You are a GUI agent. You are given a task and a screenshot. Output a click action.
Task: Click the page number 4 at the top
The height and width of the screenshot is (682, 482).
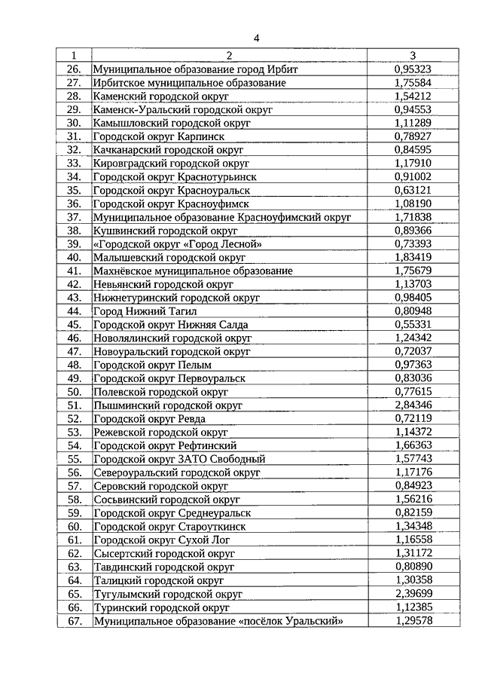(256, 38)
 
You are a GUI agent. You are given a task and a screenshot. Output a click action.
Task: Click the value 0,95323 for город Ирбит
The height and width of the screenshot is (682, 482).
(413, 69)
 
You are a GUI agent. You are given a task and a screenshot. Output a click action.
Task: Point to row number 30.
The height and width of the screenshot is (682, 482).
(74, 123)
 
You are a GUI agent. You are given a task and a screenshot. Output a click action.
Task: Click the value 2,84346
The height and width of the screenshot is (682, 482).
(413, 405)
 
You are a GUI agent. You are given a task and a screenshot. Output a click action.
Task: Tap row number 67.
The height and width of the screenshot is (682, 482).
(74, 621)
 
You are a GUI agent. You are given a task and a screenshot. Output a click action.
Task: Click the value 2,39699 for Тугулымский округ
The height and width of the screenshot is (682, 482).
(413, 594)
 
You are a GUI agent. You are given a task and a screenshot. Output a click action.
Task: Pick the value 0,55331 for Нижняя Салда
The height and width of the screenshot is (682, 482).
(413, 324)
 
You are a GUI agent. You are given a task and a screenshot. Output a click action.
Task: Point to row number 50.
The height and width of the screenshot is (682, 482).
(74, 392)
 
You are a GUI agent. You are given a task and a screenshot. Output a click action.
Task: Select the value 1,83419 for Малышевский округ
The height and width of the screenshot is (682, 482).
(413, 257)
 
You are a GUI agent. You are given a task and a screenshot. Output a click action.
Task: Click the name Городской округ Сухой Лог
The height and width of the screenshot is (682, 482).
(161, 540)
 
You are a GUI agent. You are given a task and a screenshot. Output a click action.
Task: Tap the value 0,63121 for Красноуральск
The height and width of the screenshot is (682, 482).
(413, 190)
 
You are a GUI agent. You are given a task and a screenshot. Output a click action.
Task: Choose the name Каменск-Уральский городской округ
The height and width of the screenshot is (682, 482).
(182, 109)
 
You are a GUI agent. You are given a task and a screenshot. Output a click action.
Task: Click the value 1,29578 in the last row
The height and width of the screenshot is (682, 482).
(413, 621)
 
